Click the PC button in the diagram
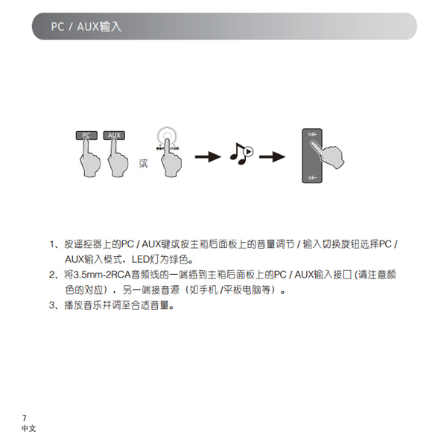pyautogui.click(x=86, y=135)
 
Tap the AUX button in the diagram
pyautogui.click(x=113, y=135)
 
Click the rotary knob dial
pyautogui.click(x=168, y=139)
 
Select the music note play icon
pyautogui.click(x=241, y=154)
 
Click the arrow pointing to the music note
pyautogui.click(x=209, y=156)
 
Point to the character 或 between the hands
pyautogui.click(x=143, y=163)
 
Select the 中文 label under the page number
pyautogui.click(x=29, y=429)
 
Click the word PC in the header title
pyautogui.click(x=57, y=27)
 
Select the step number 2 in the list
pyautogui.click(x=52, y=275)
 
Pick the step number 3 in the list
pyautogui.click(x=52, y=305)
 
